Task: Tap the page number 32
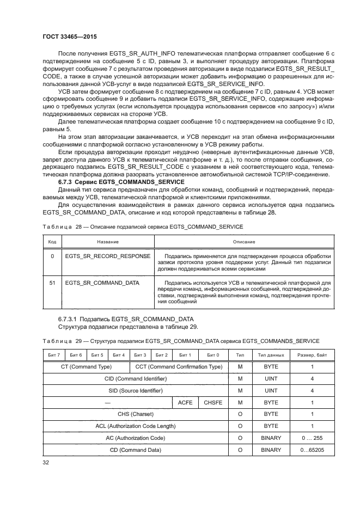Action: pos(46,463)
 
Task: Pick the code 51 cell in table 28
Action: pos(52,283)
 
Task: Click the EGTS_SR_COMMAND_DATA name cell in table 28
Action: pos(102,283)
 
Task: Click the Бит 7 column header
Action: pos(53,355)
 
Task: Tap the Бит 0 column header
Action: pos(213,355)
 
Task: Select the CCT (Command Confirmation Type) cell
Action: pos(179,367)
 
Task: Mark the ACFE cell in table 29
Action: pos(186,403)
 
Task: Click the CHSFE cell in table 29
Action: pos(213,403)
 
